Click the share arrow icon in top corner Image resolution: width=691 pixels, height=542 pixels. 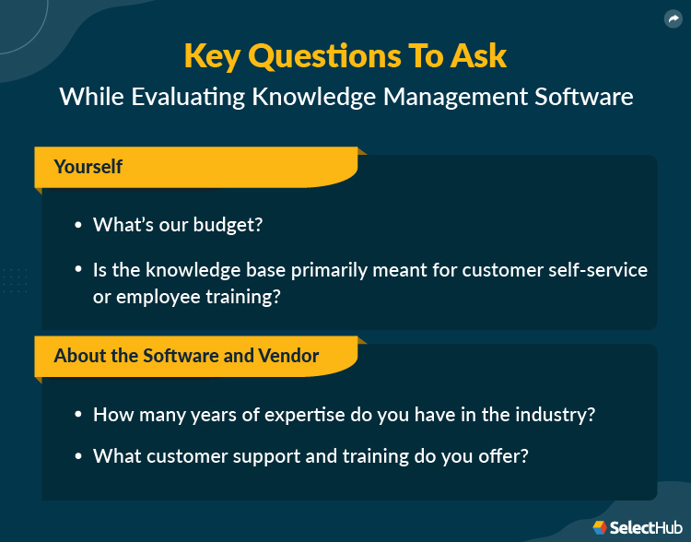673,18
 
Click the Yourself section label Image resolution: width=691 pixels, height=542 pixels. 88,167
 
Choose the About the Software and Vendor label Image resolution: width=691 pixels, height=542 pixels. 186,356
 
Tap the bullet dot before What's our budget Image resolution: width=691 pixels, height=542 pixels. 79,225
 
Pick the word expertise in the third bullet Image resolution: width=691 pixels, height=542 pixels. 311,415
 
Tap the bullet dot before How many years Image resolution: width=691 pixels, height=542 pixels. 79,416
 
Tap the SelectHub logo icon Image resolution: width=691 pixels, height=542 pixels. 600,527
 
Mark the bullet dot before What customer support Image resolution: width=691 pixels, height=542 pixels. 79,456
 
